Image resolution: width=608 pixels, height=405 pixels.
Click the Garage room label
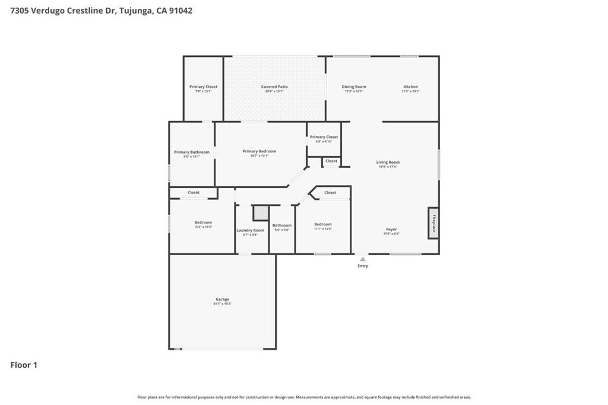click(222, 299)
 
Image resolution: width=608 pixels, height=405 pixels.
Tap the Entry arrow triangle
click(362, 259)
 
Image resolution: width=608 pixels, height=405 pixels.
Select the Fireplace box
click(433, 223)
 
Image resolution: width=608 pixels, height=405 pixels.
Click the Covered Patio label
click(274, 87)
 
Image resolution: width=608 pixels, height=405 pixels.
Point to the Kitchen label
click(410, 87)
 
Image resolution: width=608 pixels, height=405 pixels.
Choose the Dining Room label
click(354, 87)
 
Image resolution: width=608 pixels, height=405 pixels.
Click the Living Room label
click(388, 162)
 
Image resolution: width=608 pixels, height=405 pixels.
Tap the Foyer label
click(391, 229)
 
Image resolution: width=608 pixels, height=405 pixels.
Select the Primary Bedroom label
click(259, 151)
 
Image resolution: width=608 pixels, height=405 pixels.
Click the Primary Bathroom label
click(191, 152)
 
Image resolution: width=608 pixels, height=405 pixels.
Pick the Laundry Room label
click(250, 230)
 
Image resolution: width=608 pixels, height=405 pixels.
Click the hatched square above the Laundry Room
click(260, 213)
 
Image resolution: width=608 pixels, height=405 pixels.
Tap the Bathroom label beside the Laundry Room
click(282, 225)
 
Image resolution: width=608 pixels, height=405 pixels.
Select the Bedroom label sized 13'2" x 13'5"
click(203, 222)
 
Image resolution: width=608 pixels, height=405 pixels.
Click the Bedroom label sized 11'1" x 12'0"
click(323, 224)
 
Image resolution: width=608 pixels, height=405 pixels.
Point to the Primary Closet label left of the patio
click(203, 87)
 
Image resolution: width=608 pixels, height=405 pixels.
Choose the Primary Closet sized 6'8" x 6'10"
click(324, 137)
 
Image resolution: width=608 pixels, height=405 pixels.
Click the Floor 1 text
click(24, 365)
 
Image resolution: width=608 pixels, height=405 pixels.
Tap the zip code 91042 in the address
click(180, 11)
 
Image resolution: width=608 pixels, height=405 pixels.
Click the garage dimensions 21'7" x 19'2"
click(222, 304)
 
